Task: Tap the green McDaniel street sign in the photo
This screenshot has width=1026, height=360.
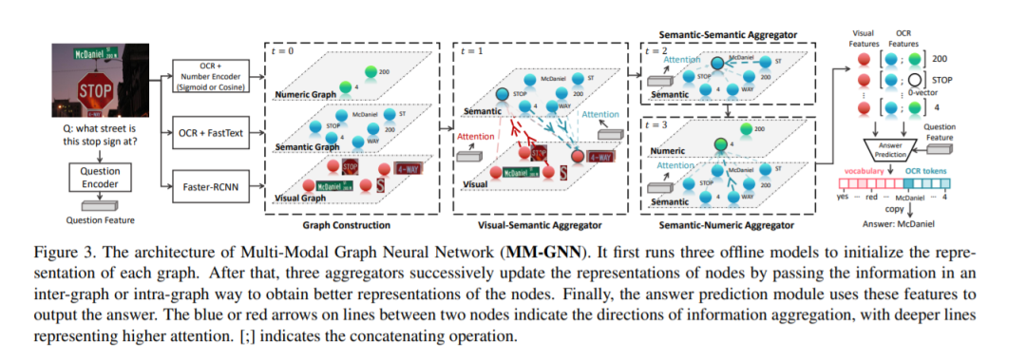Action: [x=94, y=54]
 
